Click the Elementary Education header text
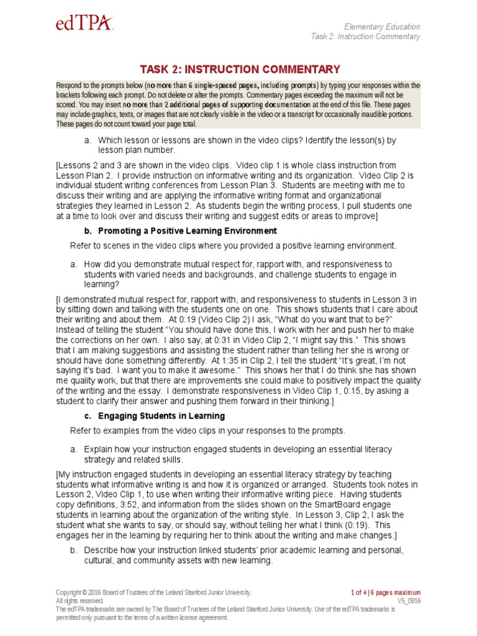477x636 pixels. coord(382,27)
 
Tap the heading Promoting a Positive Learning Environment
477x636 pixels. coord(168,231)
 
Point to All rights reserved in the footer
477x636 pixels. coord(79,601)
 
